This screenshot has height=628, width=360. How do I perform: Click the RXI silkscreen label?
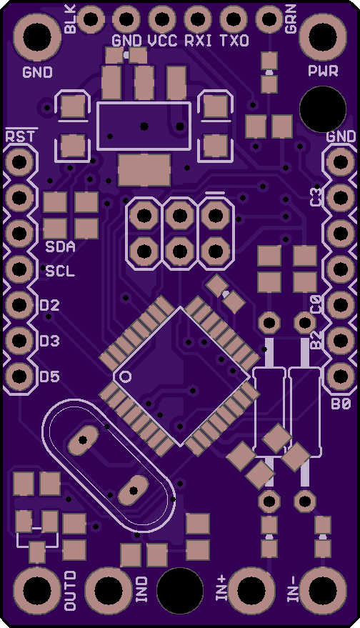199,41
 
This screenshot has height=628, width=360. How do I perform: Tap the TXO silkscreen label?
234,41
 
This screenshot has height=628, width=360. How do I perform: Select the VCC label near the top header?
163,41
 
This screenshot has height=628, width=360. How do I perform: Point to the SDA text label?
60,246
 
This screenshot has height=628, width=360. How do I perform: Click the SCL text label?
60,271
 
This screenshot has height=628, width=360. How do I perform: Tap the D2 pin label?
50,306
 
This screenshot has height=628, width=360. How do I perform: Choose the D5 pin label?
50,377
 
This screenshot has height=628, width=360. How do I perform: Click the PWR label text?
323,71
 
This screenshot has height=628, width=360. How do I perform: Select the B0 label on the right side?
341,404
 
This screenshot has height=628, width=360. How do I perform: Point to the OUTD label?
71,591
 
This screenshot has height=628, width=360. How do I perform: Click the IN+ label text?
221,589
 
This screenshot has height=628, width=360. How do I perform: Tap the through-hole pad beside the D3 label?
19,340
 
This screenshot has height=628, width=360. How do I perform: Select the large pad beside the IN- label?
323,590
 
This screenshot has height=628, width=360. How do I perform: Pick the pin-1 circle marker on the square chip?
126,377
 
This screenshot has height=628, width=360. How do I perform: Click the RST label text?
20,136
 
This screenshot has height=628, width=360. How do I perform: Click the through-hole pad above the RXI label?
198,19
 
